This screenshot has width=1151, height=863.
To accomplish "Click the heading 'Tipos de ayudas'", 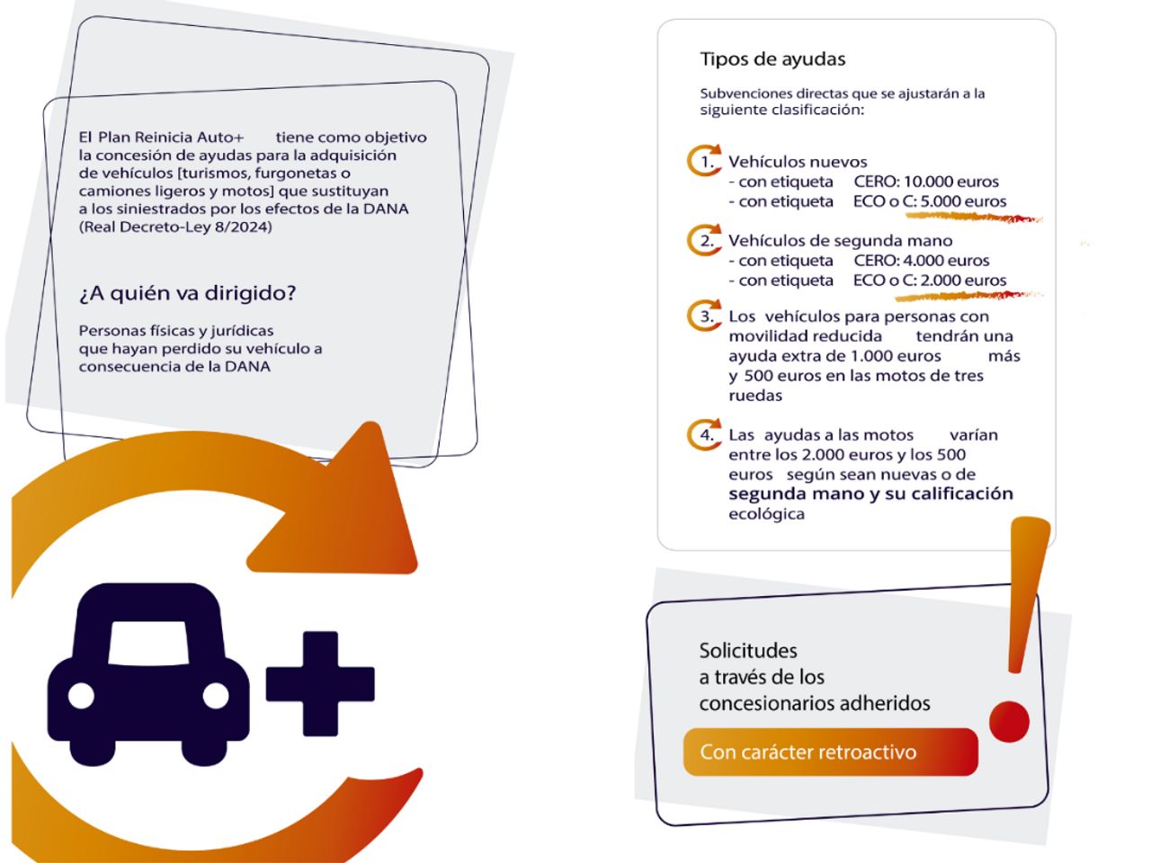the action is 772,58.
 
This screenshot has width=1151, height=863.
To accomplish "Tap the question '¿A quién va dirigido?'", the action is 187,293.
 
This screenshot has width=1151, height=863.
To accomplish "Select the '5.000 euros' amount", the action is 963,201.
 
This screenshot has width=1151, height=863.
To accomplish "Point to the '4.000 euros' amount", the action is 946,261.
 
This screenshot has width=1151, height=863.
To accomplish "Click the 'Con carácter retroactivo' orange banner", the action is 831,752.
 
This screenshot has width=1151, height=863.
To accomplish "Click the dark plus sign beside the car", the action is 320,684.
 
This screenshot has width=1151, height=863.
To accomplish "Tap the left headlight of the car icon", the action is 81,696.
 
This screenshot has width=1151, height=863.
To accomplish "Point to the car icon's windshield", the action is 148,644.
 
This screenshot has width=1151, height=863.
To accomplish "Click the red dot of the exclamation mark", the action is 1010,722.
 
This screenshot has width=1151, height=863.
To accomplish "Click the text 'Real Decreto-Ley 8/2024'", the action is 175,227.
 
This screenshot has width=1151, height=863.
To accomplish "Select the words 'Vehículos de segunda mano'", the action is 840,241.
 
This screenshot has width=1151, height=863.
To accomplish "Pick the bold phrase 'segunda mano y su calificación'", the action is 870,494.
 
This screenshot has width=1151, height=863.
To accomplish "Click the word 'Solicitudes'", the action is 748,651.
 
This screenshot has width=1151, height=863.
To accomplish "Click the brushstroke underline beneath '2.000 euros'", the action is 969,296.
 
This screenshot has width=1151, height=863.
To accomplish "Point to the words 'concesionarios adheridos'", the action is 815,703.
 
